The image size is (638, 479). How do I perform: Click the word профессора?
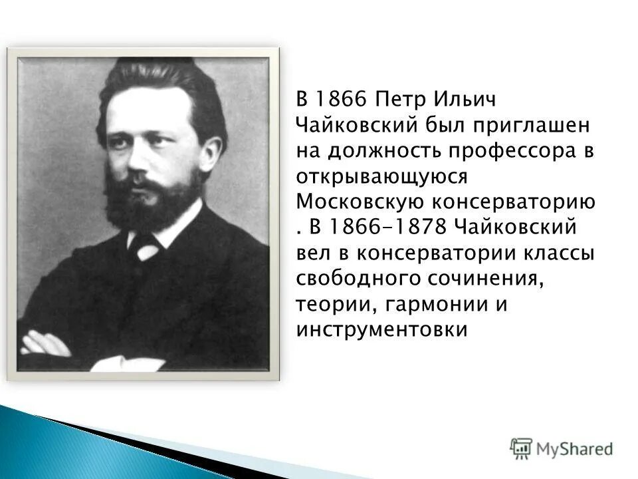point(508,151)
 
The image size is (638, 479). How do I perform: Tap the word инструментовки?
point(383,329)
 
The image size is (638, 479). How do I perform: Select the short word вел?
point(312,253)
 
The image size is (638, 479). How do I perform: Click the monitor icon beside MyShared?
point(521,448)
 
